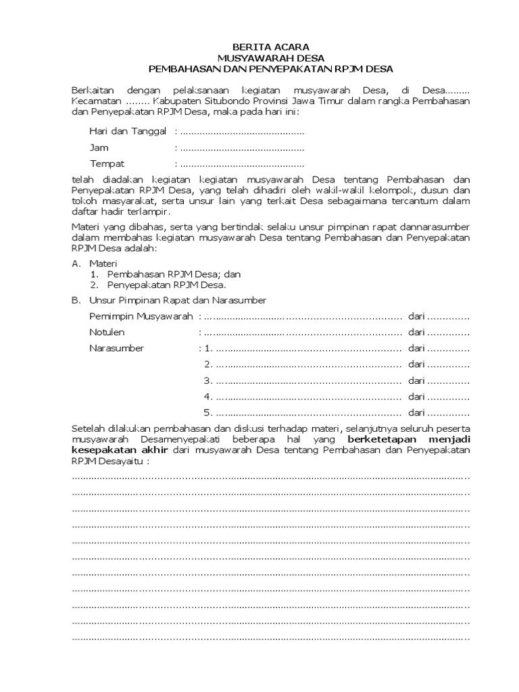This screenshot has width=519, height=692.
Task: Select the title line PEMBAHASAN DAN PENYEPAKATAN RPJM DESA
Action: pyautogui.click(x=270, y=69)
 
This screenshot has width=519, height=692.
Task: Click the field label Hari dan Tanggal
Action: pyautogui.click(x=128, y=130)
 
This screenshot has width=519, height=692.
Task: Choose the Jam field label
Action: pyautogui.click(x=99, y=147)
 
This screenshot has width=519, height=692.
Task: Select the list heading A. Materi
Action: pyautogui.click(x=95, y=262)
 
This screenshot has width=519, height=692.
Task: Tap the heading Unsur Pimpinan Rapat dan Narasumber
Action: pyautogui.click(x=178, y=299)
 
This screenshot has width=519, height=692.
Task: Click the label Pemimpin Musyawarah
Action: pyautogui.click(x=141, y=316)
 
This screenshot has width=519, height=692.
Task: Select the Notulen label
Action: pyautogui.click(x=107, y=332)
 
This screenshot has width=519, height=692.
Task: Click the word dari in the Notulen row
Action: pyautogui.click(x=416, y=332)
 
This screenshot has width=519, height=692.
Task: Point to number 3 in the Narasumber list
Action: pyautogui.click(x=208, y=380)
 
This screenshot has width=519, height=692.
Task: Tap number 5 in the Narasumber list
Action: pyautogui.click(x=208, y=413)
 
